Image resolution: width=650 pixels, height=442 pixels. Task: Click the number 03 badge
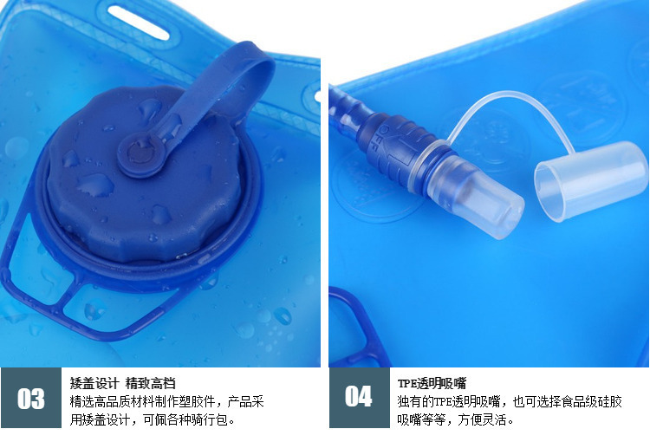[x=31, y=398]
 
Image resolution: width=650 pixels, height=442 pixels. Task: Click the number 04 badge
[x=358, y=398]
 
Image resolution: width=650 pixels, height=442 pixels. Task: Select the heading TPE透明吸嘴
[x=432, y=382]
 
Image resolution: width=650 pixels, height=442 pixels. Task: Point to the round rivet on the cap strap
[x=137, y=153]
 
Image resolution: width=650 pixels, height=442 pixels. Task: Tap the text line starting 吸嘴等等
[x=456, y=420]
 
